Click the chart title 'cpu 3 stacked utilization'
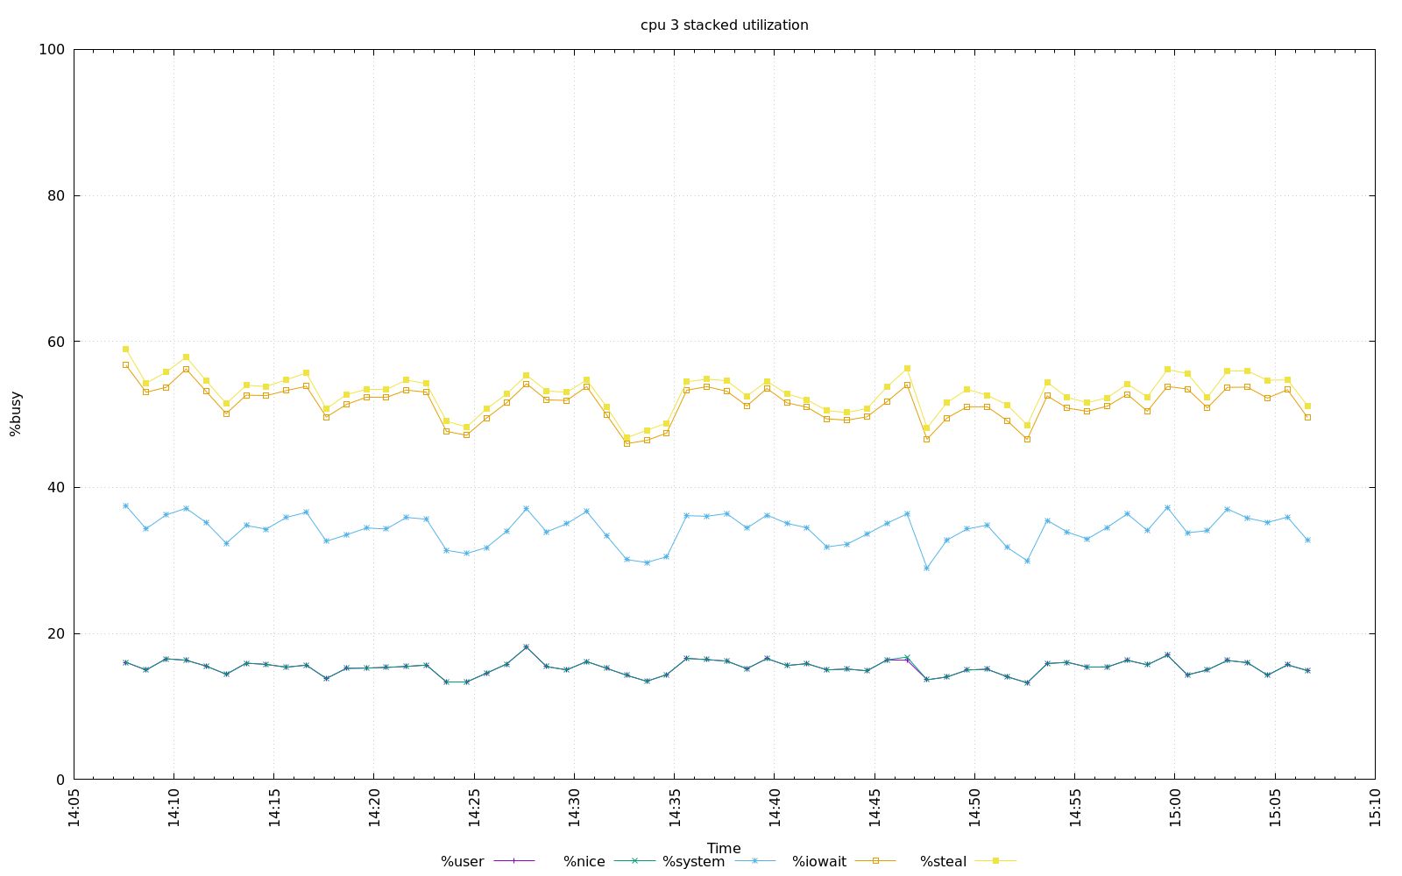(724, 25)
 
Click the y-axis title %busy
(16, 413)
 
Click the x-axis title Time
(724, 848)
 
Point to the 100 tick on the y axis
(52, 50)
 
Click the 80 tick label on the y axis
(55, 196)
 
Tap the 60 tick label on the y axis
(55, 342)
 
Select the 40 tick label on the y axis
(55, 488)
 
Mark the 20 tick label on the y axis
(55, 633)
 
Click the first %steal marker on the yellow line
(125, 349)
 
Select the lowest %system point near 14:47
(926, 569)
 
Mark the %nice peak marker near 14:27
(526, 646)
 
